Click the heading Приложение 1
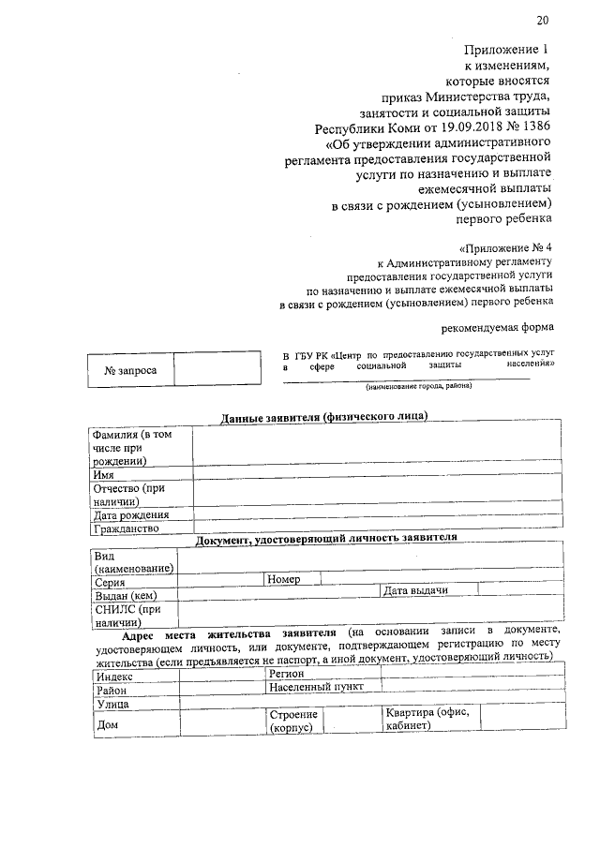504,49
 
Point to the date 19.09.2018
447,128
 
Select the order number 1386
532,128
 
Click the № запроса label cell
130,371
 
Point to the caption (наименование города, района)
419,386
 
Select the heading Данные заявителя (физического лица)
323,416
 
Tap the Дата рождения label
130,514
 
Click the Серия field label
111,581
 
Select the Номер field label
283,580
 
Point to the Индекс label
115,676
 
